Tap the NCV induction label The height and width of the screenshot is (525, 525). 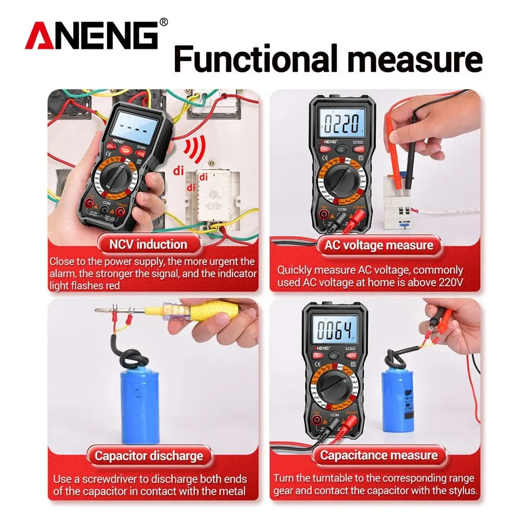point(148,244)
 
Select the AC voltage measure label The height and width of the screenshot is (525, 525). point(379,245)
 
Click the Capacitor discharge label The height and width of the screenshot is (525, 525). point(148,455)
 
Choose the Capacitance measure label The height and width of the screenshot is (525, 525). point(379,455)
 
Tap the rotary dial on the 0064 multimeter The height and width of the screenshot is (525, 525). point(335,386)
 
